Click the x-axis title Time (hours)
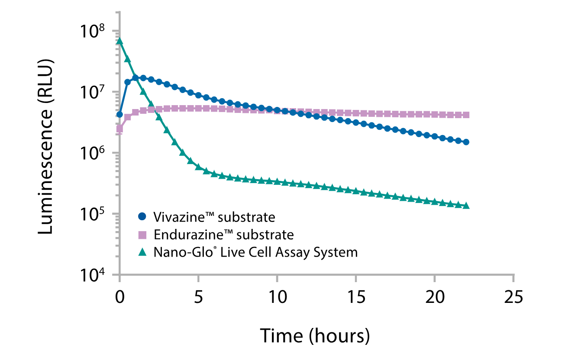click(315, 336)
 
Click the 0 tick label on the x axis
click(119, 298)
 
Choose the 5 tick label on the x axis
click(198, 298)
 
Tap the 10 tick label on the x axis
click(277, 298)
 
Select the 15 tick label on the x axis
click(356, 298)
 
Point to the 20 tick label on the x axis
click(435, 298)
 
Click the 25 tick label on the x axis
click(513, 298)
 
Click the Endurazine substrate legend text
click(223, 235)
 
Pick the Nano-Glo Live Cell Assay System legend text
click(255, 252)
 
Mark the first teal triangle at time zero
click(120, 41)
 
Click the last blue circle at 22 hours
click(466, 142)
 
